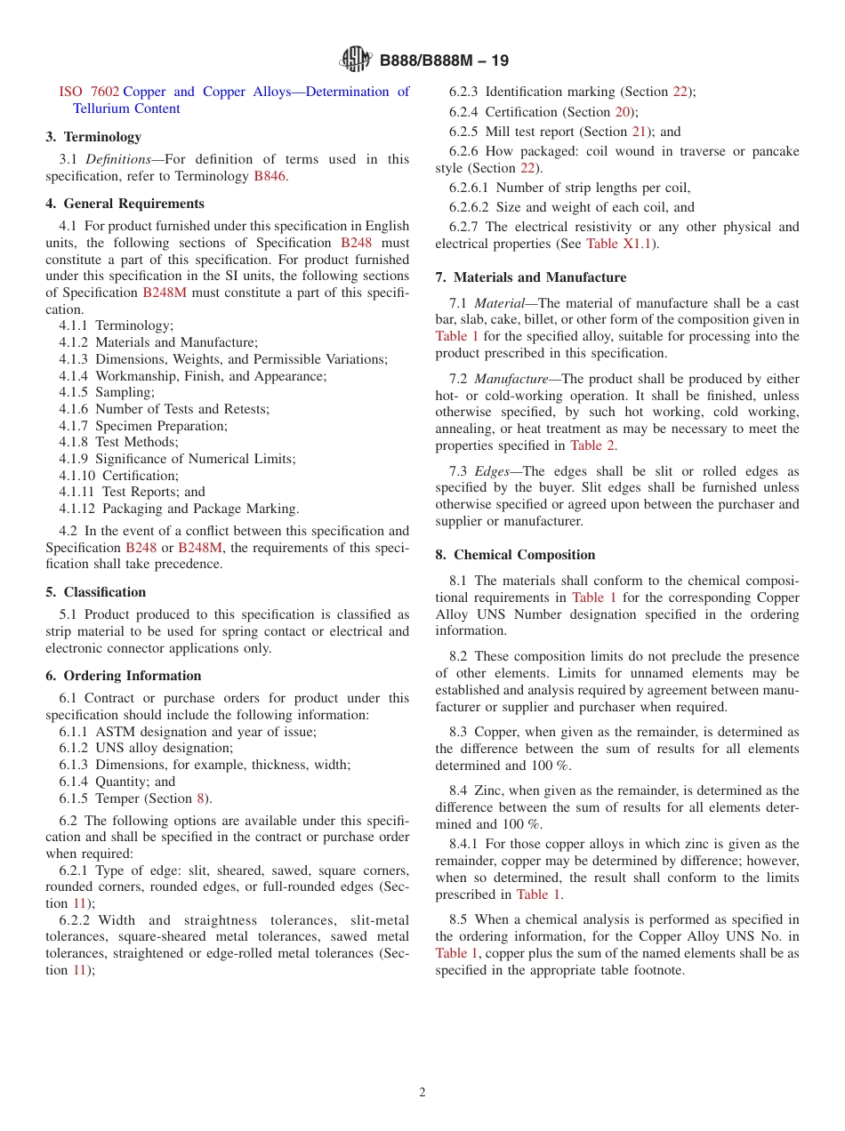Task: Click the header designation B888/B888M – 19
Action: point(444,61)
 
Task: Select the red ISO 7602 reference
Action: point(89,92)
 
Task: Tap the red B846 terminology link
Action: point(270,176)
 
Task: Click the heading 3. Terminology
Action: point(93,137)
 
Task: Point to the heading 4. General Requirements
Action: point(125,204)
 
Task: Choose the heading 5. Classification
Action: point(96,592)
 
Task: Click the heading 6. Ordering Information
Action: point(124,676)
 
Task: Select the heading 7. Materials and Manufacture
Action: point(530,277)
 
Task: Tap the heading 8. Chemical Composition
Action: point(515,555)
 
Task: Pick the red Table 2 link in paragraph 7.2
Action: point(592,445)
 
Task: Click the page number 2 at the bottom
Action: point(422,1093)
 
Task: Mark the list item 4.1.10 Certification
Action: point(119,476)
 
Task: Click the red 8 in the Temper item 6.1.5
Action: point(200,798)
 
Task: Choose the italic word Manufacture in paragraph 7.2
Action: point(511,379)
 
